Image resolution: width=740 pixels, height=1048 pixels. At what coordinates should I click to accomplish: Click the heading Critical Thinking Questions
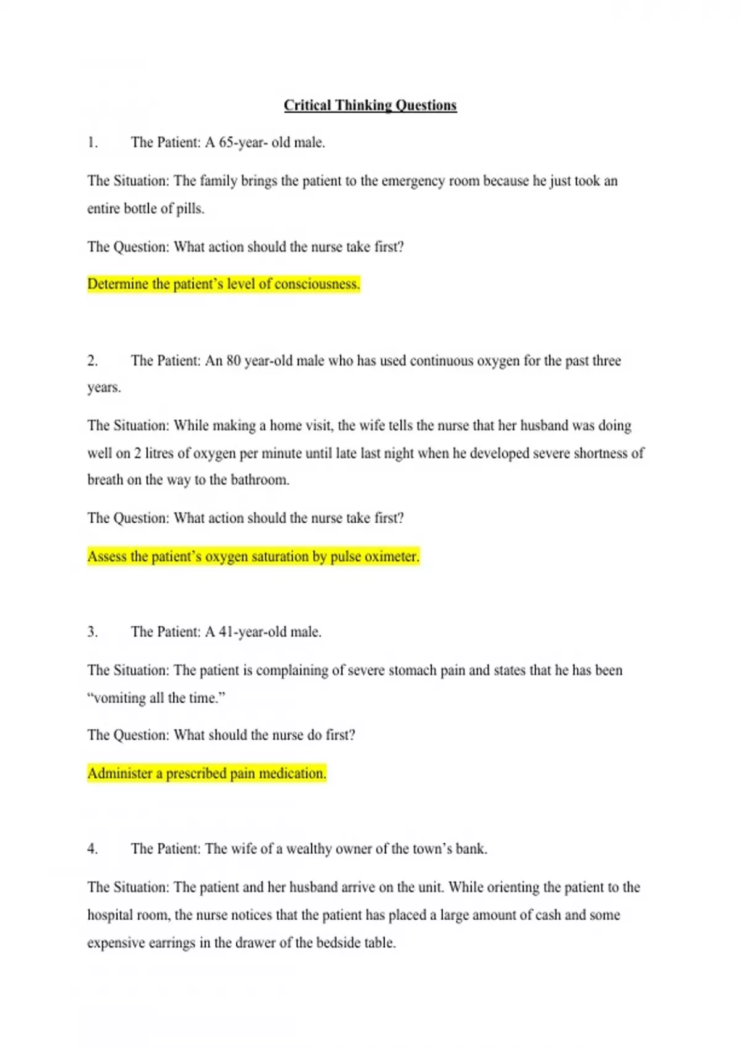370,105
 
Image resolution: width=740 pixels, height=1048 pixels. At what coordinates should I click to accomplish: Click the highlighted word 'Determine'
118,284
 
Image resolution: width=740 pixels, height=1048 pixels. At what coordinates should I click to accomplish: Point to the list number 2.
92,361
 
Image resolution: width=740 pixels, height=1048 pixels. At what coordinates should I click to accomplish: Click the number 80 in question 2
233,361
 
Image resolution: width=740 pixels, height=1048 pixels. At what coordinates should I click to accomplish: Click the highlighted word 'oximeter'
392,556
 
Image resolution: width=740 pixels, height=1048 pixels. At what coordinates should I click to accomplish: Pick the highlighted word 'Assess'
107,556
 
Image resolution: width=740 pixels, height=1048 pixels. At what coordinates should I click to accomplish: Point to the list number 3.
92,632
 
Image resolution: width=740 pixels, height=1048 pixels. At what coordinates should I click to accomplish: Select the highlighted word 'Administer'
120,773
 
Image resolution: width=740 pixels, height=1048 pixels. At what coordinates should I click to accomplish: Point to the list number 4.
92,849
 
